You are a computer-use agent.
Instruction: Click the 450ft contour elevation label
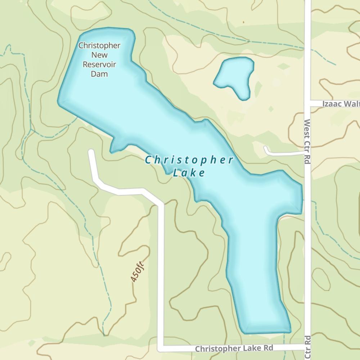pos(138,271)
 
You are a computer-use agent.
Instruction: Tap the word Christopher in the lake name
pos(189,160)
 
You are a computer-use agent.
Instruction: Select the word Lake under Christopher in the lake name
pos(189,173)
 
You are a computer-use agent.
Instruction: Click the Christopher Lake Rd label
pos(234,348)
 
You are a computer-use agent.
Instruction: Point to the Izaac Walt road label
pos(341,104)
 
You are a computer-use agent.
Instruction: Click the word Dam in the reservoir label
pos(99,74)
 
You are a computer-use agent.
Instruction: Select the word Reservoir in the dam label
pos(99,65)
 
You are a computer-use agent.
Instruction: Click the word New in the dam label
pos(99,55)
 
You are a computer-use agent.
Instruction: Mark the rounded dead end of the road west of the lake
pos(91,152)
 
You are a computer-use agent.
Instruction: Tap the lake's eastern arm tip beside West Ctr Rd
pos(300,198)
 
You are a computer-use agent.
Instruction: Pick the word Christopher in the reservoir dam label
pos(99,46)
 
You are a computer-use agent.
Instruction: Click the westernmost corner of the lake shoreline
pos(59,102)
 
